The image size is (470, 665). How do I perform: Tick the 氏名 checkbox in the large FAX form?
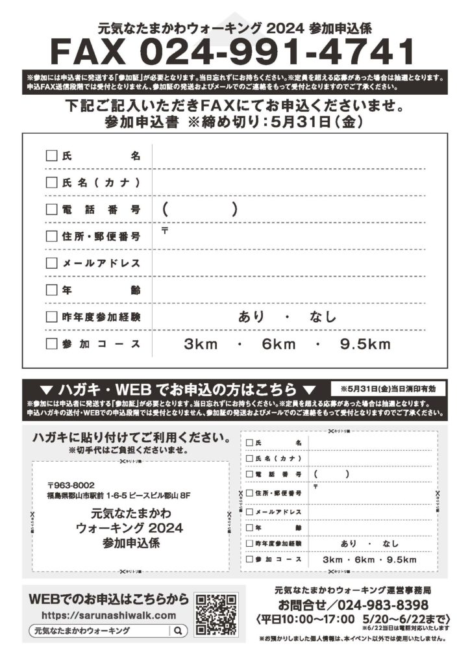click(51, 156)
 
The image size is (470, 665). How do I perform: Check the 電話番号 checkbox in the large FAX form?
click(51, 210)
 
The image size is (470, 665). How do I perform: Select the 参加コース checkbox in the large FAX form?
click(51, 344)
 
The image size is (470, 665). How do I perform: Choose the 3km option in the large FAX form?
click(201, 344)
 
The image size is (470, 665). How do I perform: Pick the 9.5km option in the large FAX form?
click(365, 344)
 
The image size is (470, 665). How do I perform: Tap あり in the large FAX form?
click(251, 317)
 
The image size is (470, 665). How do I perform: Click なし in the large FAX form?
click(323, 317)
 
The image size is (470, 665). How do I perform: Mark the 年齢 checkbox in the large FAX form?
click(51, 290)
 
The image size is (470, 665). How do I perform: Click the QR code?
click(216, 614)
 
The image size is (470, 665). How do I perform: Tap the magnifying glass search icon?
click(178, 631)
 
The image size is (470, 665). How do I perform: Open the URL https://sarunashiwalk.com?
click(108, 615)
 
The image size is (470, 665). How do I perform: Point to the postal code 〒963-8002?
click(71, 484)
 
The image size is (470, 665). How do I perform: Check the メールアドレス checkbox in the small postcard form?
click(249, 512)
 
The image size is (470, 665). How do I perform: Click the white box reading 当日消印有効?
click(388, 389)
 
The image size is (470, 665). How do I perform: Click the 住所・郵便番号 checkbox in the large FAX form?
click(51, 237)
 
